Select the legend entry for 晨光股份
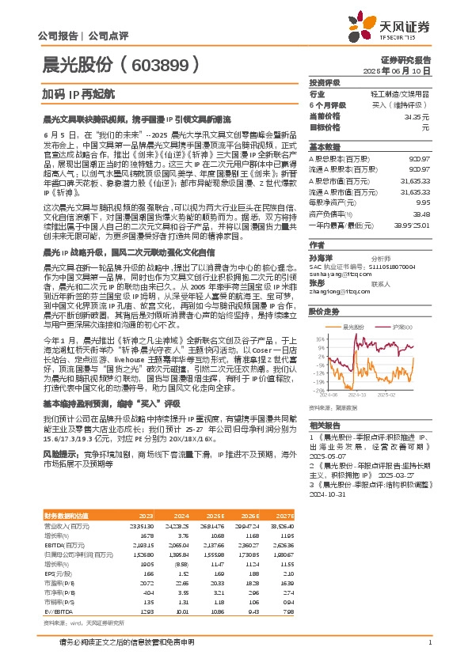pos(355,303)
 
